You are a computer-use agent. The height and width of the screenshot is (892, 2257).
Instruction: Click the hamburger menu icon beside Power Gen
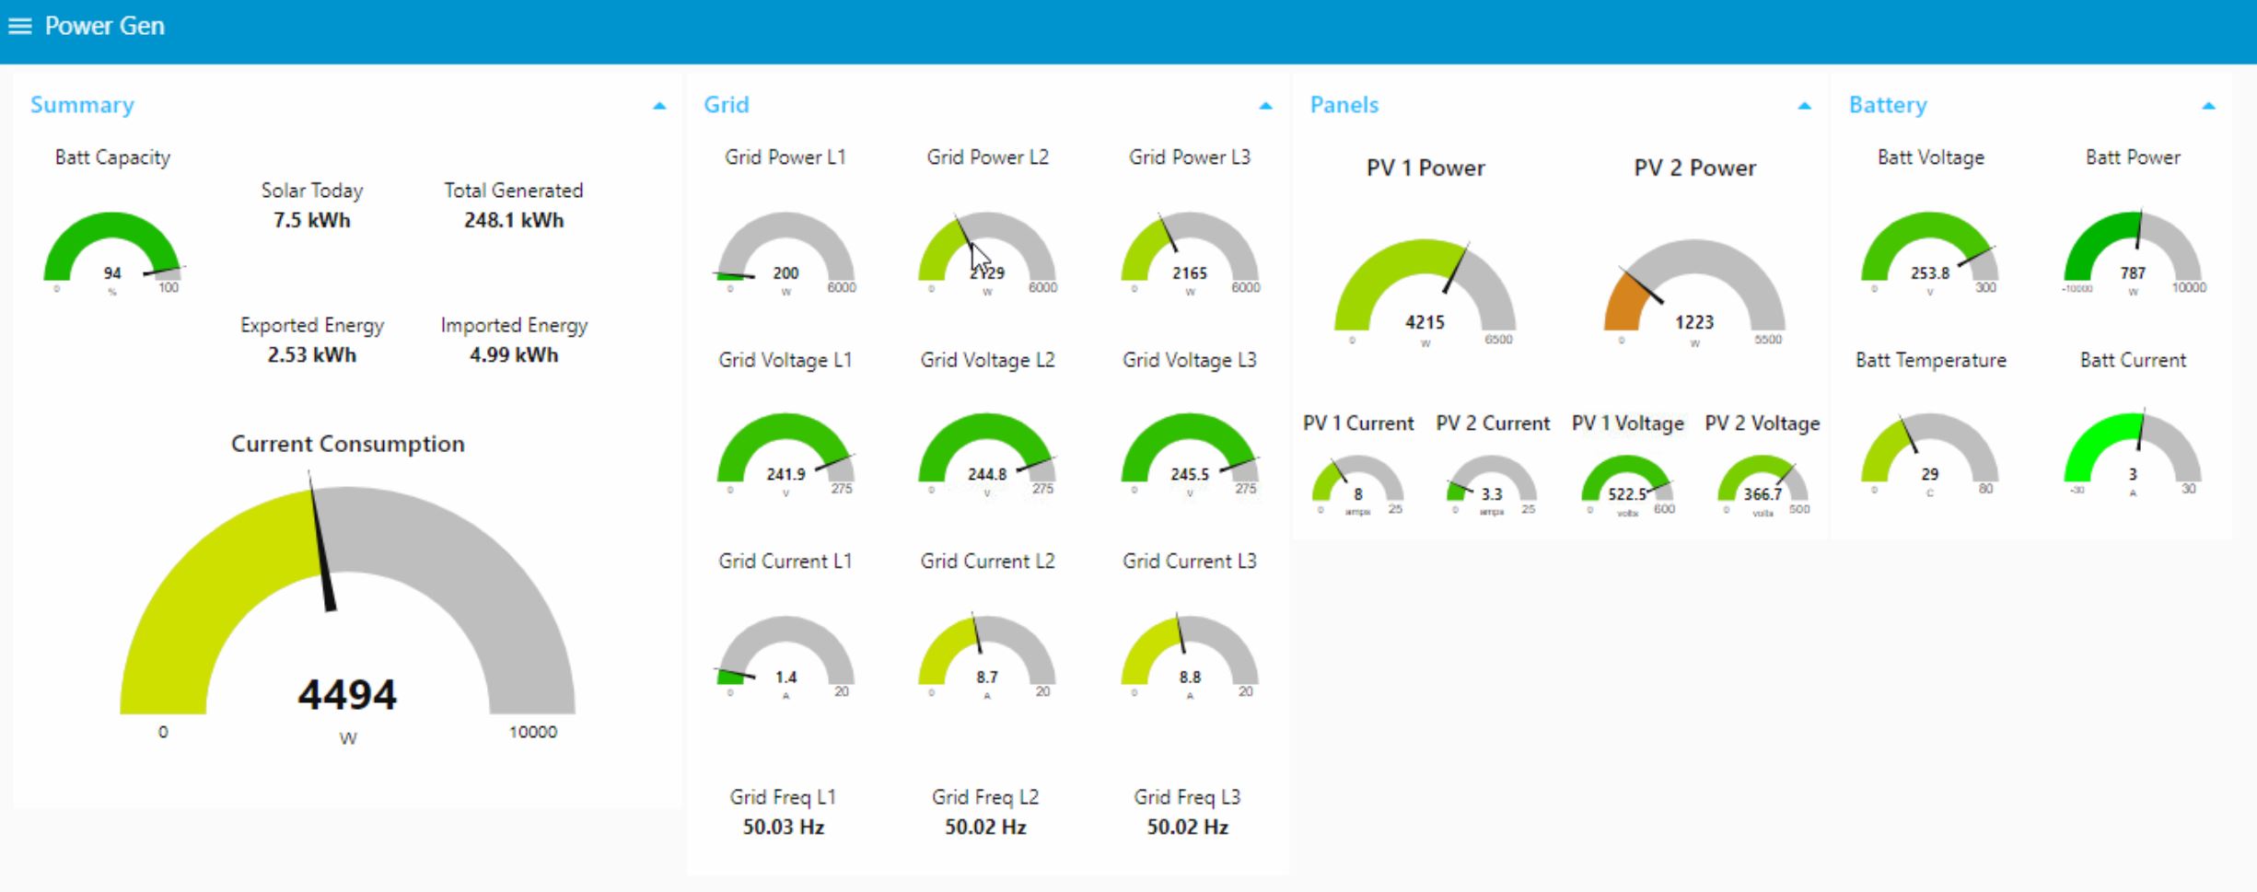pos(19,26)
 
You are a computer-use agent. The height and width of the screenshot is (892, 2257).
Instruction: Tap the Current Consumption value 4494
pos(347,695)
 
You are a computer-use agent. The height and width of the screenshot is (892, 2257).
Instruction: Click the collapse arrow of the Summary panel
pos(659,106)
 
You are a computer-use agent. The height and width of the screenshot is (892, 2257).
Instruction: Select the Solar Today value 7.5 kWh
pos(311,220)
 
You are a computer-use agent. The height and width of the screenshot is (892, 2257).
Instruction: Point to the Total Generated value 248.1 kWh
pos(514,220)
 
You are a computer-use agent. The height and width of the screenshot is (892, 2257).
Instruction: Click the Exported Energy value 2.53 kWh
pos(311,354)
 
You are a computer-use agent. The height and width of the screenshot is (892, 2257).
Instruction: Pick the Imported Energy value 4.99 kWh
pos(514,354)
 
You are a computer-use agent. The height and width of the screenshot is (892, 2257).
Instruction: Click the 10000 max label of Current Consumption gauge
pos(533,732)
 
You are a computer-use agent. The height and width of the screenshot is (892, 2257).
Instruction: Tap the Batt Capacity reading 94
pos(112,273)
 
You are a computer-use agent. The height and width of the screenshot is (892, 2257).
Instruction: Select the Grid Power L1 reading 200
pos(785,273)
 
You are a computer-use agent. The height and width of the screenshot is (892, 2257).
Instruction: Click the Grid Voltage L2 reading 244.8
pos(987,474)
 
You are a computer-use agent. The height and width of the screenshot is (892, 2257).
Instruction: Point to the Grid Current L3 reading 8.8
pos(1190,677)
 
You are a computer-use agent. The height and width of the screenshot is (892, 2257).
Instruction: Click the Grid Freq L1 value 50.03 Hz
pos(784,827)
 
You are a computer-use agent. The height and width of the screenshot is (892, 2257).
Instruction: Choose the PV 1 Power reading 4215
pos(1425,322)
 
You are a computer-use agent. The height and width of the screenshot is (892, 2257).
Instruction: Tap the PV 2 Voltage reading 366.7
pos(1763,494)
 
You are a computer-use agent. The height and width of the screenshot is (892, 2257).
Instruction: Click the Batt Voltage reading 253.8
pos(1930,273)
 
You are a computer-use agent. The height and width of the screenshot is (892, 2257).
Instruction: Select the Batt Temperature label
pos(1930,360)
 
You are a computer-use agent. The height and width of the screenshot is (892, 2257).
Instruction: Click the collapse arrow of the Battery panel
pos(2208,106)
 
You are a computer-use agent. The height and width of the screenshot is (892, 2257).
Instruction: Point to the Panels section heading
pos(1344,105)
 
